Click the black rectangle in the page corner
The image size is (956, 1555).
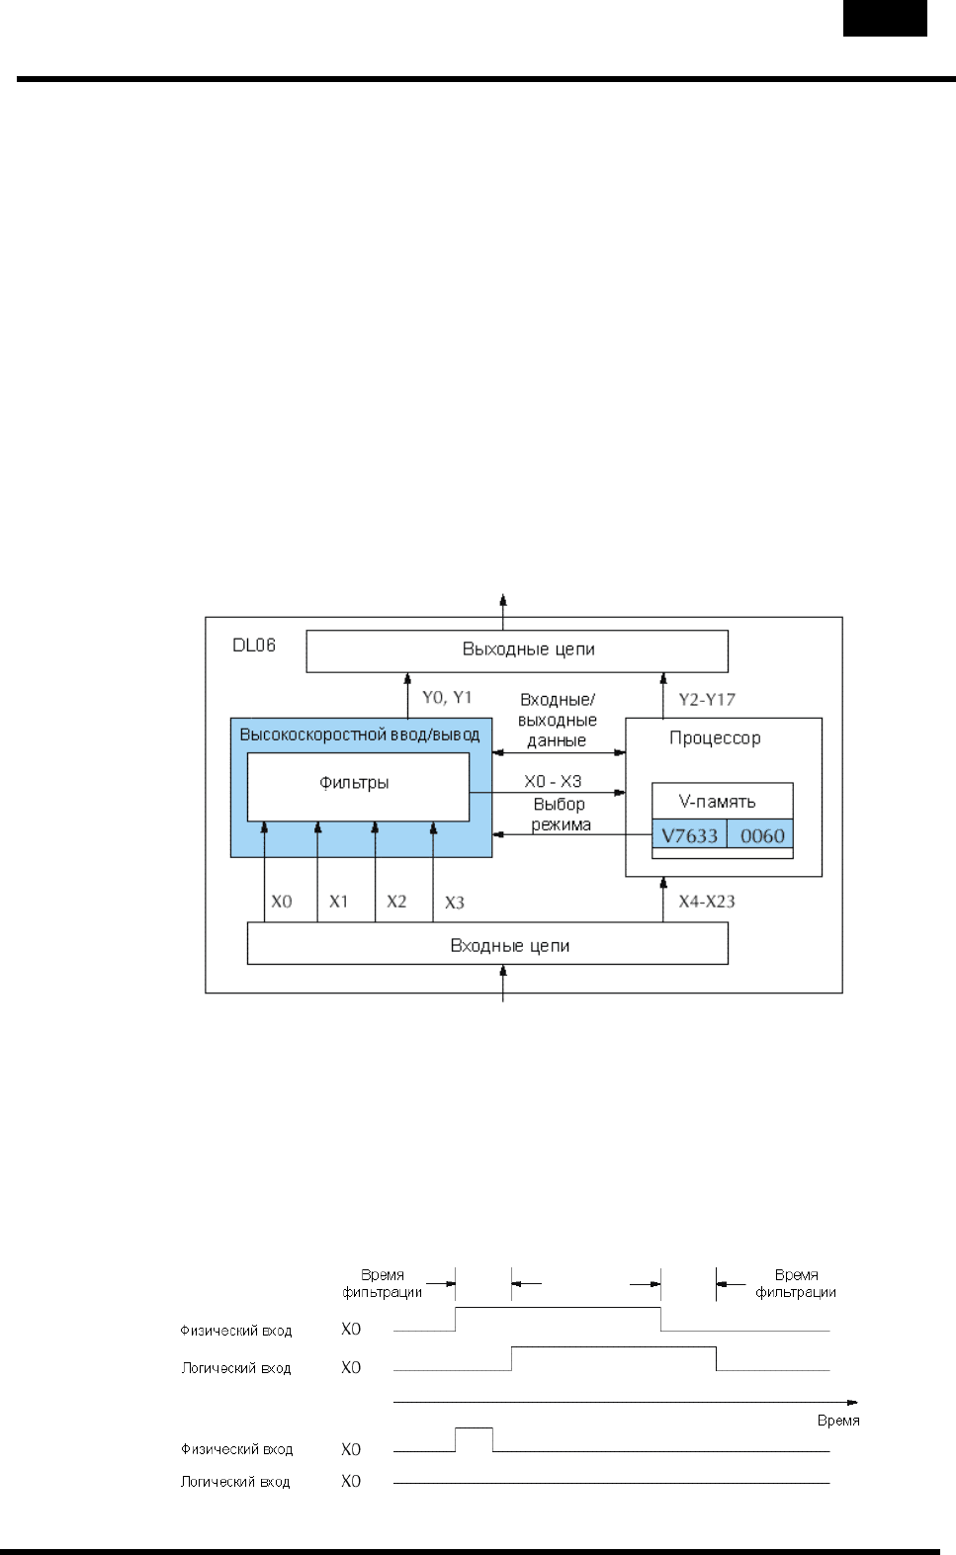(885, 18)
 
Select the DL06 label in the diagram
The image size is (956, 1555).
(254, 645)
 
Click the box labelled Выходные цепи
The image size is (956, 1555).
(517, 650)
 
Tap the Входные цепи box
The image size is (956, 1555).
(487, 945)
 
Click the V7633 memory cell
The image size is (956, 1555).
(689, 835)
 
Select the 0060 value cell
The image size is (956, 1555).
(761, 835)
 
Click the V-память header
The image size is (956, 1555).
(717, 802)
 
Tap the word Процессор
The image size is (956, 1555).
(715, 738)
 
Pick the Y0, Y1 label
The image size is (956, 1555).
(447, 698)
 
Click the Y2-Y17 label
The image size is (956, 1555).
(706, 700)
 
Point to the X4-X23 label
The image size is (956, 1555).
(706, 902)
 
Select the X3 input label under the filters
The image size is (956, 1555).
(454, 903)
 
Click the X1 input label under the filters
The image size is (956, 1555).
(338, 902)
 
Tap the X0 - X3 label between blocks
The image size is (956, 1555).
(553, 781)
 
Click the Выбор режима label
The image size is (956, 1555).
(560, 815)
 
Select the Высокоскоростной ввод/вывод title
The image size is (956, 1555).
(359, 734)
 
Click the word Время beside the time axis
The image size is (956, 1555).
(837, 1421)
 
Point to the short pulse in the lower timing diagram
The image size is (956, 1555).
(474, 1429)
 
